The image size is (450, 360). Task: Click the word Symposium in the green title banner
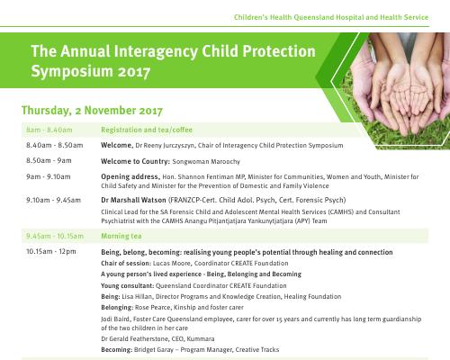[x=72, y=71]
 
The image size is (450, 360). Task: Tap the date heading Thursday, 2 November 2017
[x=92, y=111]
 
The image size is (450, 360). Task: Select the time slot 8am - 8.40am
[x=49, y=130]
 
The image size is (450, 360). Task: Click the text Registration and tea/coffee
[x=147, y=130]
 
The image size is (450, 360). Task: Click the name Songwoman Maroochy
[x=206, y=162]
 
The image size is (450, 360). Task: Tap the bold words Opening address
[x=130, y=176]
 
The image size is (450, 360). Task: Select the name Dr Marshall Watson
[x=133, y=200]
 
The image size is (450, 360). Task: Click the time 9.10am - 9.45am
[x=53, y=200]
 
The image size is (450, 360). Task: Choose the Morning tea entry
[x=121, y=236]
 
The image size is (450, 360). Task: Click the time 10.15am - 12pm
[x=51, y=251]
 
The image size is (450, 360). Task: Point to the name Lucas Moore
[x=172, y=263]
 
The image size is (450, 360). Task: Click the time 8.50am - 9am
[x=49, y=161]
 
